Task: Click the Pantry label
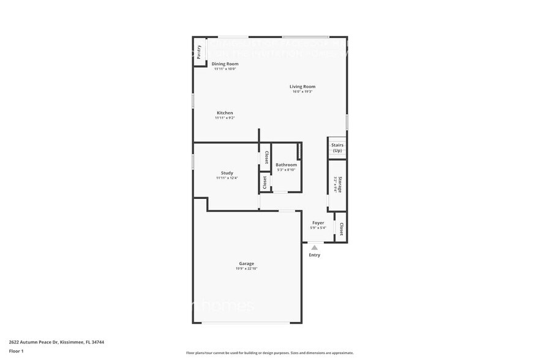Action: (199, 51)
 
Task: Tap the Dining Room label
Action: (225, 64)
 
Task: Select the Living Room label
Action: (302, 86)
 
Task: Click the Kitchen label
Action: (225, 113)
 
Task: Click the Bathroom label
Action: (286, 165)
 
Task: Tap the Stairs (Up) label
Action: (337, 148)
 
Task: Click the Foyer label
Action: (318, 223)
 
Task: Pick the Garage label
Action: (247, 263)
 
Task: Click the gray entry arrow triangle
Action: (314, 247)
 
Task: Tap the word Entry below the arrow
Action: (314, 255)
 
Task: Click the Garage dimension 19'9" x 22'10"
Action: (247, 269)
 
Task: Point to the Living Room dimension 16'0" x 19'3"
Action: (302, 92)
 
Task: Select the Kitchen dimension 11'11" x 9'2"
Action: (225, 118)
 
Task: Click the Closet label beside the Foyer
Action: (341, 229)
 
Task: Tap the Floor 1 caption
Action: (16, 351)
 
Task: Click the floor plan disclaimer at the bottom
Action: (269, 353)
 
